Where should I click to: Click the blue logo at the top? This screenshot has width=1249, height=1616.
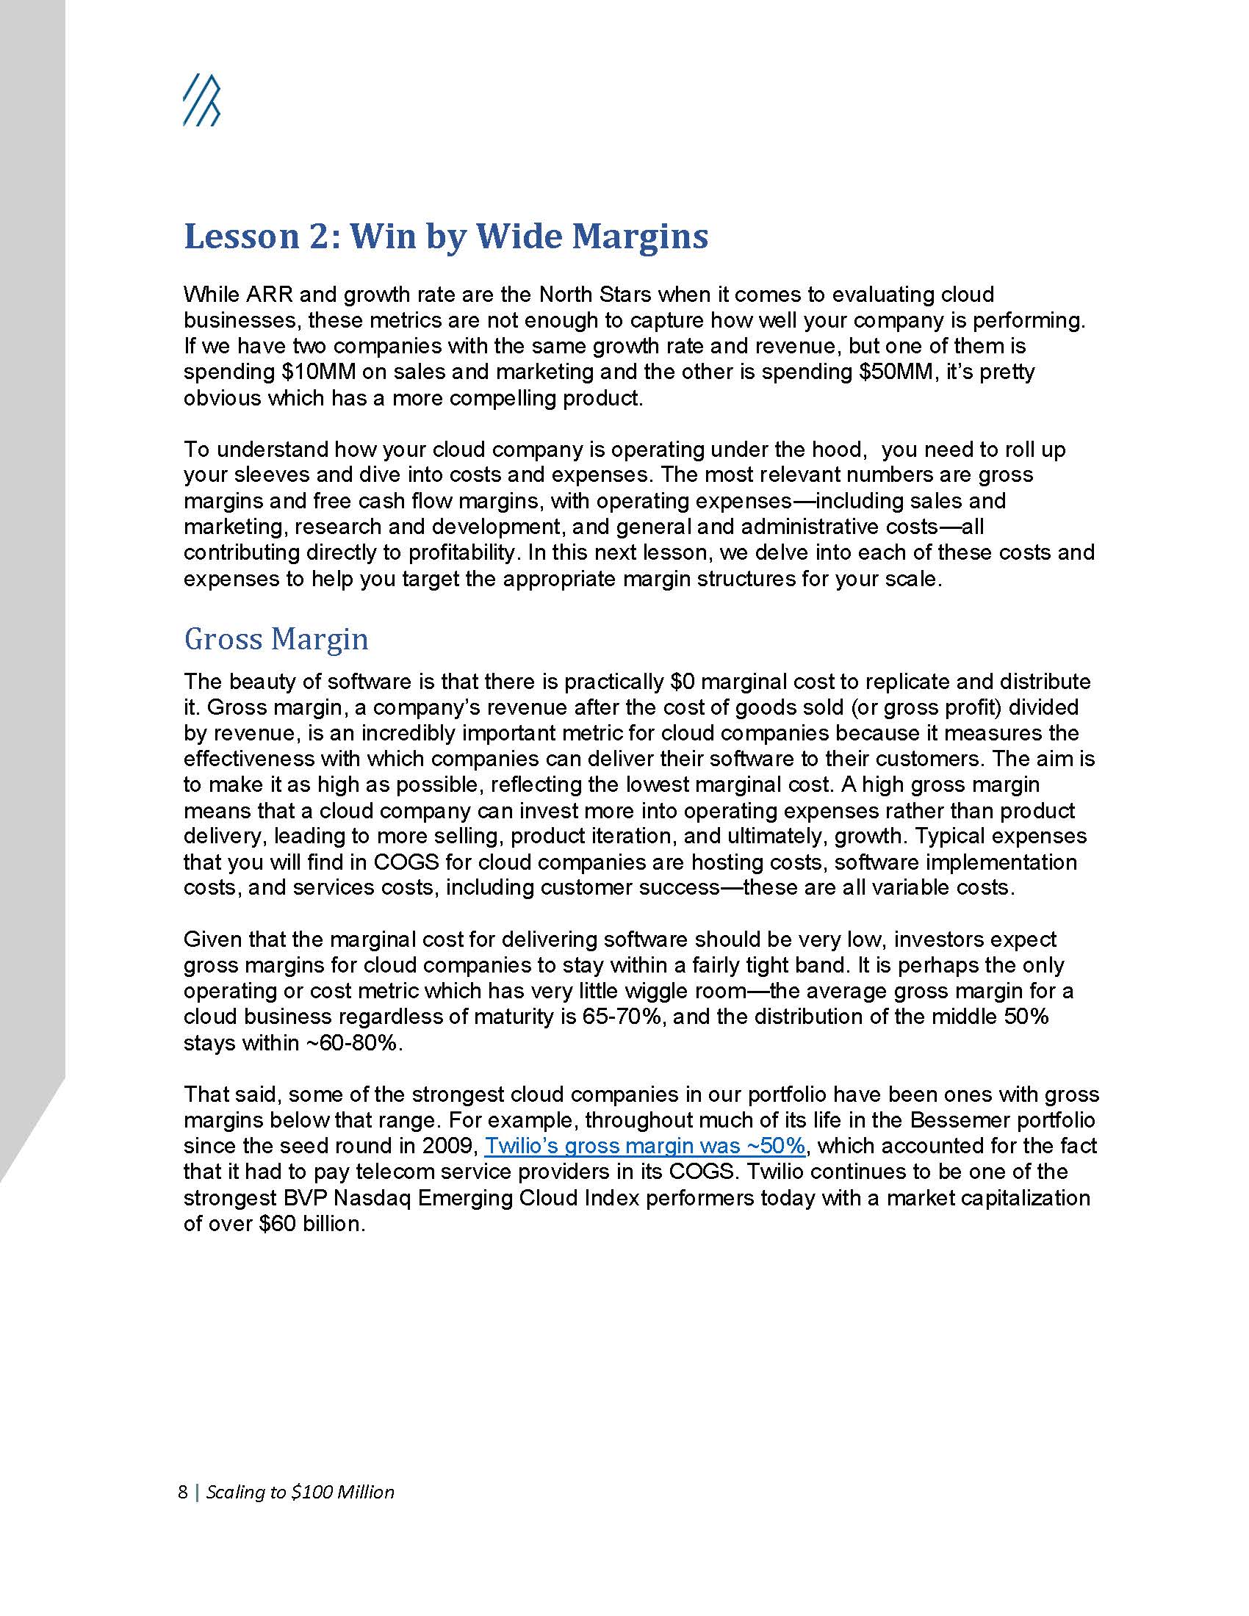(201, 100)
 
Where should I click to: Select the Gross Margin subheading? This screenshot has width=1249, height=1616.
(276, 638)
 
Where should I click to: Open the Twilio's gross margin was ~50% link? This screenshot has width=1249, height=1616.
(644, 1146)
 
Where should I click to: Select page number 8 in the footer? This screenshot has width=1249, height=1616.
(183, 1492)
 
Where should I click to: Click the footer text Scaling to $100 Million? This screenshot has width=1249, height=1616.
(300, 1492)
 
